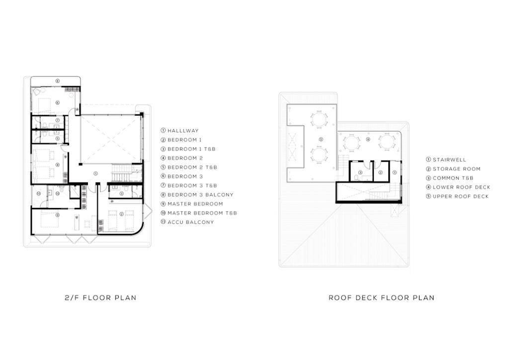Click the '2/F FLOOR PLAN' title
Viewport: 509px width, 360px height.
pos(100,298)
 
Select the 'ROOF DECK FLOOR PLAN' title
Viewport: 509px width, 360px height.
pos(381,298)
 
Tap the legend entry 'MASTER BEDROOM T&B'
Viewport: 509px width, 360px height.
pos(202,213)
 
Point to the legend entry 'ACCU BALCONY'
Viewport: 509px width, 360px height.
pos(191,222)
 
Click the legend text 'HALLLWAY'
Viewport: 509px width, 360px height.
pos(183,130)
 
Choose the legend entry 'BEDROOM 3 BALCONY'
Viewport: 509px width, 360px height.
pos(201,195)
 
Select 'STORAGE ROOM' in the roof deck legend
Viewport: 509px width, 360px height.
pos(456,169)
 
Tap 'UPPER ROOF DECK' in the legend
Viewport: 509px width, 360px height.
pos(461,196)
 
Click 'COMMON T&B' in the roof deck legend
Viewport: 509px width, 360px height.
pos(453,178)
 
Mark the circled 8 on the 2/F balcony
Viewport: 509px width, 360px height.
pos(58,81)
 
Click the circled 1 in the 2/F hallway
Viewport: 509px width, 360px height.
pos(95,174)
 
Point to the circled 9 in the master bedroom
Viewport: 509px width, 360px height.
pos(58,215)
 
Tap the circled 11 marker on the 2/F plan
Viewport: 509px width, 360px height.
pos(39,194)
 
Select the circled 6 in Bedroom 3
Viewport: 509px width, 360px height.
pos(58,102)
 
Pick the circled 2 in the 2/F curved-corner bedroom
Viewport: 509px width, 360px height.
pos(121,214)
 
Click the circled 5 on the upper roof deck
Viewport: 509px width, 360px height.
pos(321,140)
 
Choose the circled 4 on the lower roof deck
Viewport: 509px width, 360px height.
pos(368,140)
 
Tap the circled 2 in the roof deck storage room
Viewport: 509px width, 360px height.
pos(380,173)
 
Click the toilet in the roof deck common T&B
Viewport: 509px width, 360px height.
pos(356,178)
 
